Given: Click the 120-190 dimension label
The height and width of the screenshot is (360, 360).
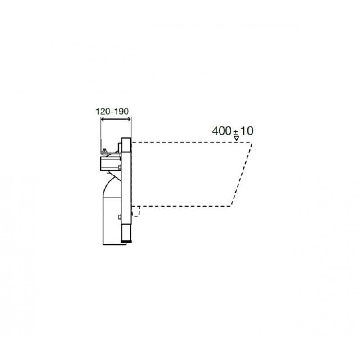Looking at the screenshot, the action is pos(112,112).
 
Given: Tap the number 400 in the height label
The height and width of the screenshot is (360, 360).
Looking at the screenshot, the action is pos(222,131).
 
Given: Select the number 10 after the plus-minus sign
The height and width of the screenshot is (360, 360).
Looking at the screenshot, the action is pos(247,131).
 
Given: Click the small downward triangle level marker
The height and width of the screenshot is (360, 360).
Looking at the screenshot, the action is pos(236,138).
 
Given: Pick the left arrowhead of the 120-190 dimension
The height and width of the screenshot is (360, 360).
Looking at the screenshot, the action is pos(103,119).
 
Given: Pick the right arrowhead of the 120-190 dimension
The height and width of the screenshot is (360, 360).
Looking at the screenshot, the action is pos(129,119).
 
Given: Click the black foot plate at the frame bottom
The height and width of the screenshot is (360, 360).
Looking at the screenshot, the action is pos(126,241).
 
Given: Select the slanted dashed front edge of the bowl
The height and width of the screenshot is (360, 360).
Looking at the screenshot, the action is pos(242,174).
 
